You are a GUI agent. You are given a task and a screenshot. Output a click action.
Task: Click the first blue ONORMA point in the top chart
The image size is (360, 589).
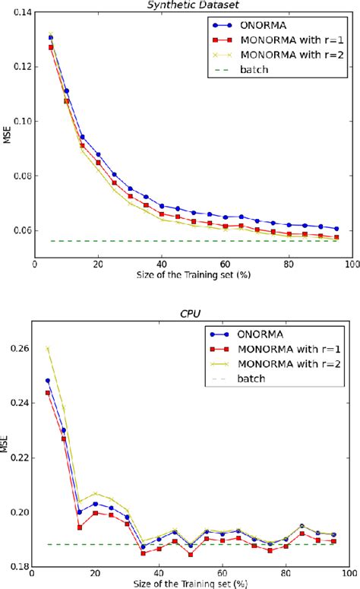coord(51,37)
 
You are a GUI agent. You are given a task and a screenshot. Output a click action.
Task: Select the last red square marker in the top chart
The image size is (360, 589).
coord(336,237)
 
